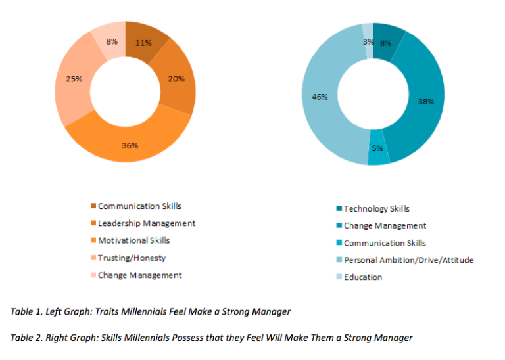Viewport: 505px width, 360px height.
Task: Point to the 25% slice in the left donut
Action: [x=74, y=79]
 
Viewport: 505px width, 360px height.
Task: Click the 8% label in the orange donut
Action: [x=112, y=41]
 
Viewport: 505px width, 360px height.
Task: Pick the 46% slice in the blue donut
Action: [x=320, y=97]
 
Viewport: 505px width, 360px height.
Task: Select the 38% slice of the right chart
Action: [x=425, y=102]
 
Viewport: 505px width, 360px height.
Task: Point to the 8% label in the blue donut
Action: [x=385, y=43]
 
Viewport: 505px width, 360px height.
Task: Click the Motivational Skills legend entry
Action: [x=133, y=240]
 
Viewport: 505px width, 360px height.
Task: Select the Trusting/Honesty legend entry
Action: [x=132, y=258]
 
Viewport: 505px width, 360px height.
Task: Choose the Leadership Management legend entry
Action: [x=146, y=223]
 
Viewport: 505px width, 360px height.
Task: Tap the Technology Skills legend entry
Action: [x=376, y=208]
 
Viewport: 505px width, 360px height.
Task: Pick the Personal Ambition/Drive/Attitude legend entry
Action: [x=408, y=260]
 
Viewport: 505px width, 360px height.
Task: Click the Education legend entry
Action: [x=362, y=277]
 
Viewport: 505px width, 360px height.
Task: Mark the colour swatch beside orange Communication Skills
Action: [x=93, y=206]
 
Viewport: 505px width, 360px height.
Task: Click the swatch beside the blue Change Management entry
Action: [x=338, y=226]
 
